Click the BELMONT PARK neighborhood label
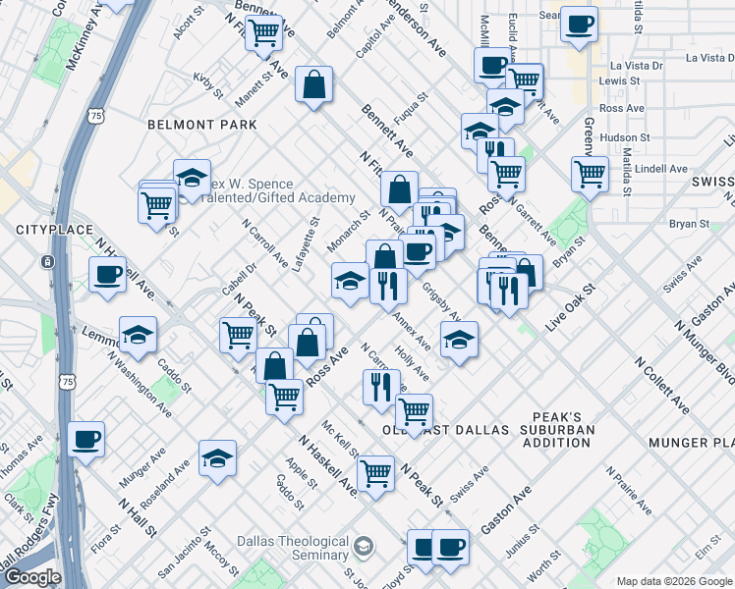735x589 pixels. (x=201, y=125)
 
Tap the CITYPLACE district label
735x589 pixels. (x=46, y=229)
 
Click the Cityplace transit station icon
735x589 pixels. (x=46, y=263)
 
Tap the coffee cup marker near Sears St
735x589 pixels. (x=580, y=24)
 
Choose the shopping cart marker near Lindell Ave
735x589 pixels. (x=589, y=173)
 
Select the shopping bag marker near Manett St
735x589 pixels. (x=314, y=84)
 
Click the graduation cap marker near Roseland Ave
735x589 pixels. (x=217, y=457)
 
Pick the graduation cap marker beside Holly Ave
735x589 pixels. (x=459, y=340)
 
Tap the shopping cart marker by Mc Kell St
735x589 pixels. (x=375, y=473)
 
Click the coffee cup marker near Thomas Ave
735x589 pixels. (x=86, y=438)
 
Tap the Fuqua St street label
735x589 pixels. (x=412, y=113)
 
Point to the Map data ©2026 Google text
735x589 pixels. (x=673, y=581)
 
